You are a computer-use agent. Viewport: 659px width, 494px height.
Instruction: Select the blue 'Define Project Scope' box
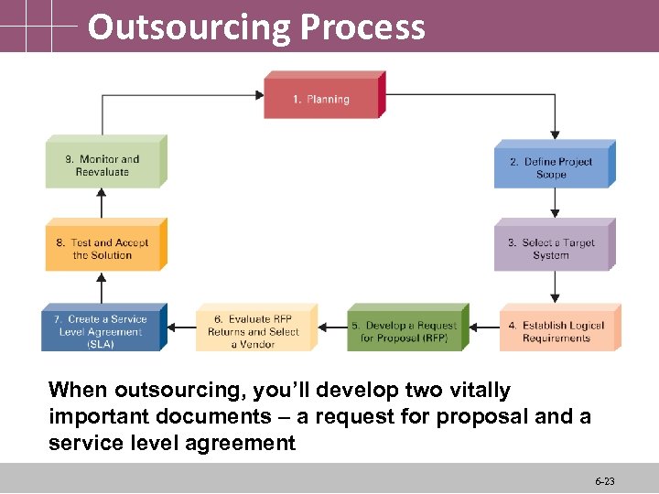pos(551,167)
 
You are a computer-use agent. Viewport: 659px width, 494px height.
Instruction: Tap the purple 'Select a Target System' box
pos(551,248)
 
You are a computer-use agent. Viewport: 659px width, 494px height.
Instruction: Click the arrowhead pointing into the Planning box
pos(259,93)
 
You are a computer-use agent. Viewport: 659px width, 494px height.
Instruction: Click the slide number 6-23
pos(605,480)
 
